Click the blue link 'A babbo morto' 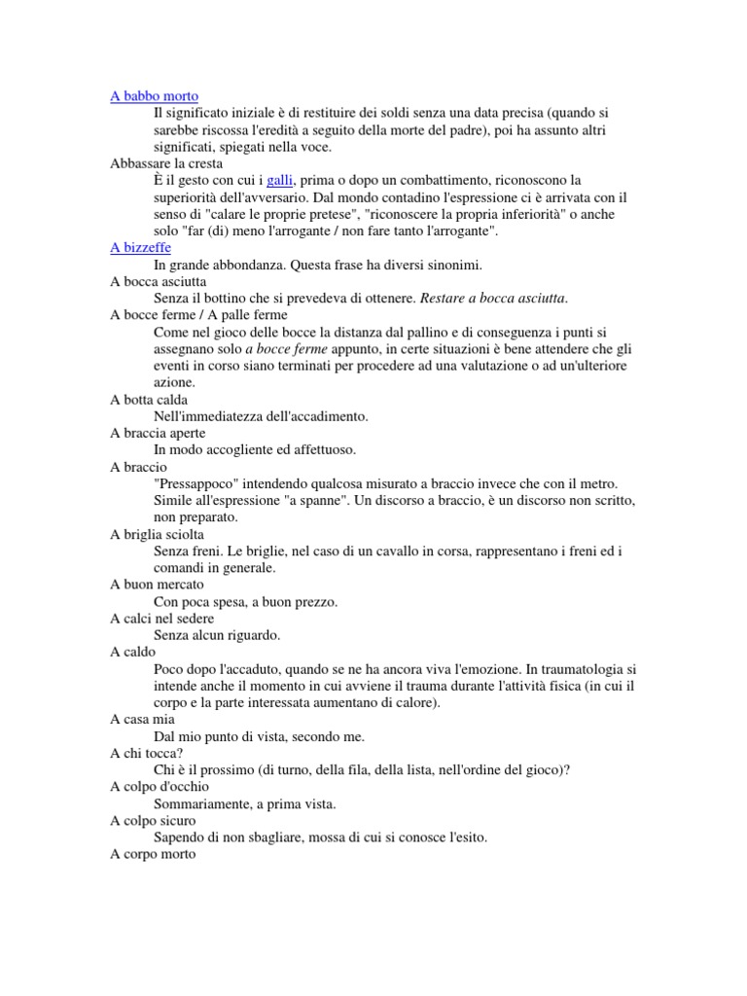click(x=154, y=96)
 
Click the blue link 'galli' click(x=279, y=181)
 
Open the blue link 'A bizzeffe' click(x=140, y=248)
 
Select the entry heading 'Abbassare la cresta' click(x=166, y=164)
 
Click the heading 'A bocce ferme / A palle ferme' click(x=198, y=315)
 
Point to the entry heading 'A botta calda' click(x=149, y=400)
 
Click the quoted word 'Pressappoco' click(x=198, y=483)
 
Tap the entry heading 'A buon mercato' click(x=157, y=585)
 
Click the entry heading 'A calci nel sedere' click(x=162, y=619)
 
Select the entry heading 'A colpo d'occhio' click(x=160, y=787)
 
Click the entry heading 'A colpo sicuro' click(x=154, y=821)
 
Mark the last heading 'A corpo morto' click(x=153, y=855)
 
